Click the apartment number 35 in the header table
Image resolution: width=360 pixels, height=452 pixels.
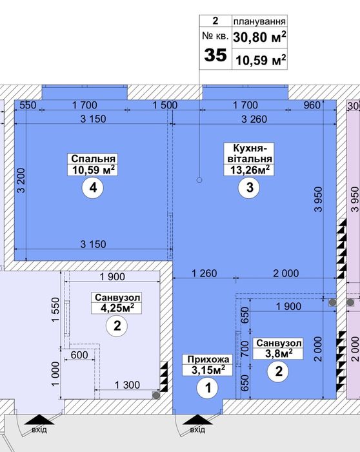tap(215, 55)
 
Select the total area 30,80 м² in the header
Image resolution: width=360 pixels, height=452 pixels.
tap(259, 37)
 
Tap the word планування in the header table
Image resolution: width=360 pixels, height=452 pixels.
tap(259, 21)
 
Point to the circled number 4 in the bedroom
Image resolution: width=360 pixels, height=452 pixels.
tap(93, 188)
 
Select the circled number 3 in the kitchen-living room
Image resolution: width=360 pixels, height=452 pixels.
tap(250, 187)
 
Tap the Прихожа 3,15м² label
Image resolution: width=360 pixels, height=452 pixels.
tap(207, 365)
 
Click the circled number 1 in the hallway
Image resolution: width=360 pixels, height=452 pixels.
tap(208, 387)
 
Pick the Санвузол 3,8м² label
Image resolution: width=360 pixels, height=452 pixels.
tap(278, 349)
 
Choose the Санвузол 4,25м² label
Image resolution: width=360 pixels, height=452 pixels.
tap(117, 303)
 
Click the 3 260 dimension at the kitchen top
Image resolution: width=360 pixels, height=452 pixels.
tap(254, 119)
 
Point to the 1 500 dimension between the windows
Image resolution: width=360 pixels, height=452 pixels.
tap(165, 105)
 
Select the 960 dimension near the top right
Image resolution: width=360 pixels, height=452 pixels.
tap(312, 105)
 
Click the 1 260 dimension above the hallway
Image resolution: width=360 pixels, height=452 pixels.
tap(204, 273)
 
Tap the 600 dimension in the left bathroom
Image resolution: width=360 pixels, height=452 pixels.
tap(79, 354)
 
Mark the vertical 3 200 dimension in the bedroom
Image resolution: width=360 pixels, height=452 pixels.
tap(21, 180)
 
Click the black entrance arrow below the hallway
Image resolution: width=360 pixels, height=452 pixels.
tap(197, 419)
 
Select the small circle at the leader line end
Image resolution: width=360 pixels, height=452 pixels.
tap(199, 180)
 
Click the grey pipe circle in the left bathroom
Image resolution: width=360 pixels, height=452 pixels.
tap(156, 395)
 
